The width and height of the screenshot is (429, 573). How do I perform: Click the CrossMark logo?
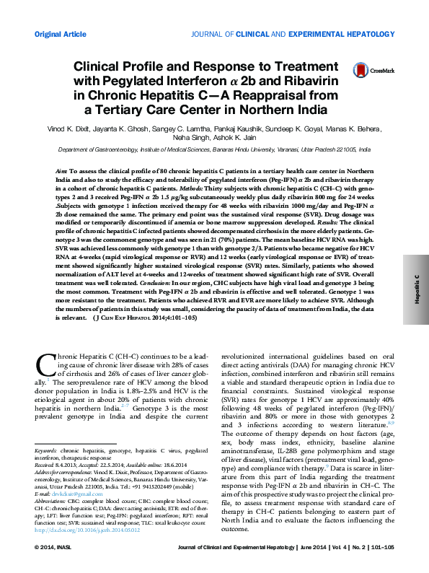click(368, 70)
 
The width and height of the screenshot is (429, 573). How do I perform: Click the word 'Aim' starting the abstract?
click(61, 166)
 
